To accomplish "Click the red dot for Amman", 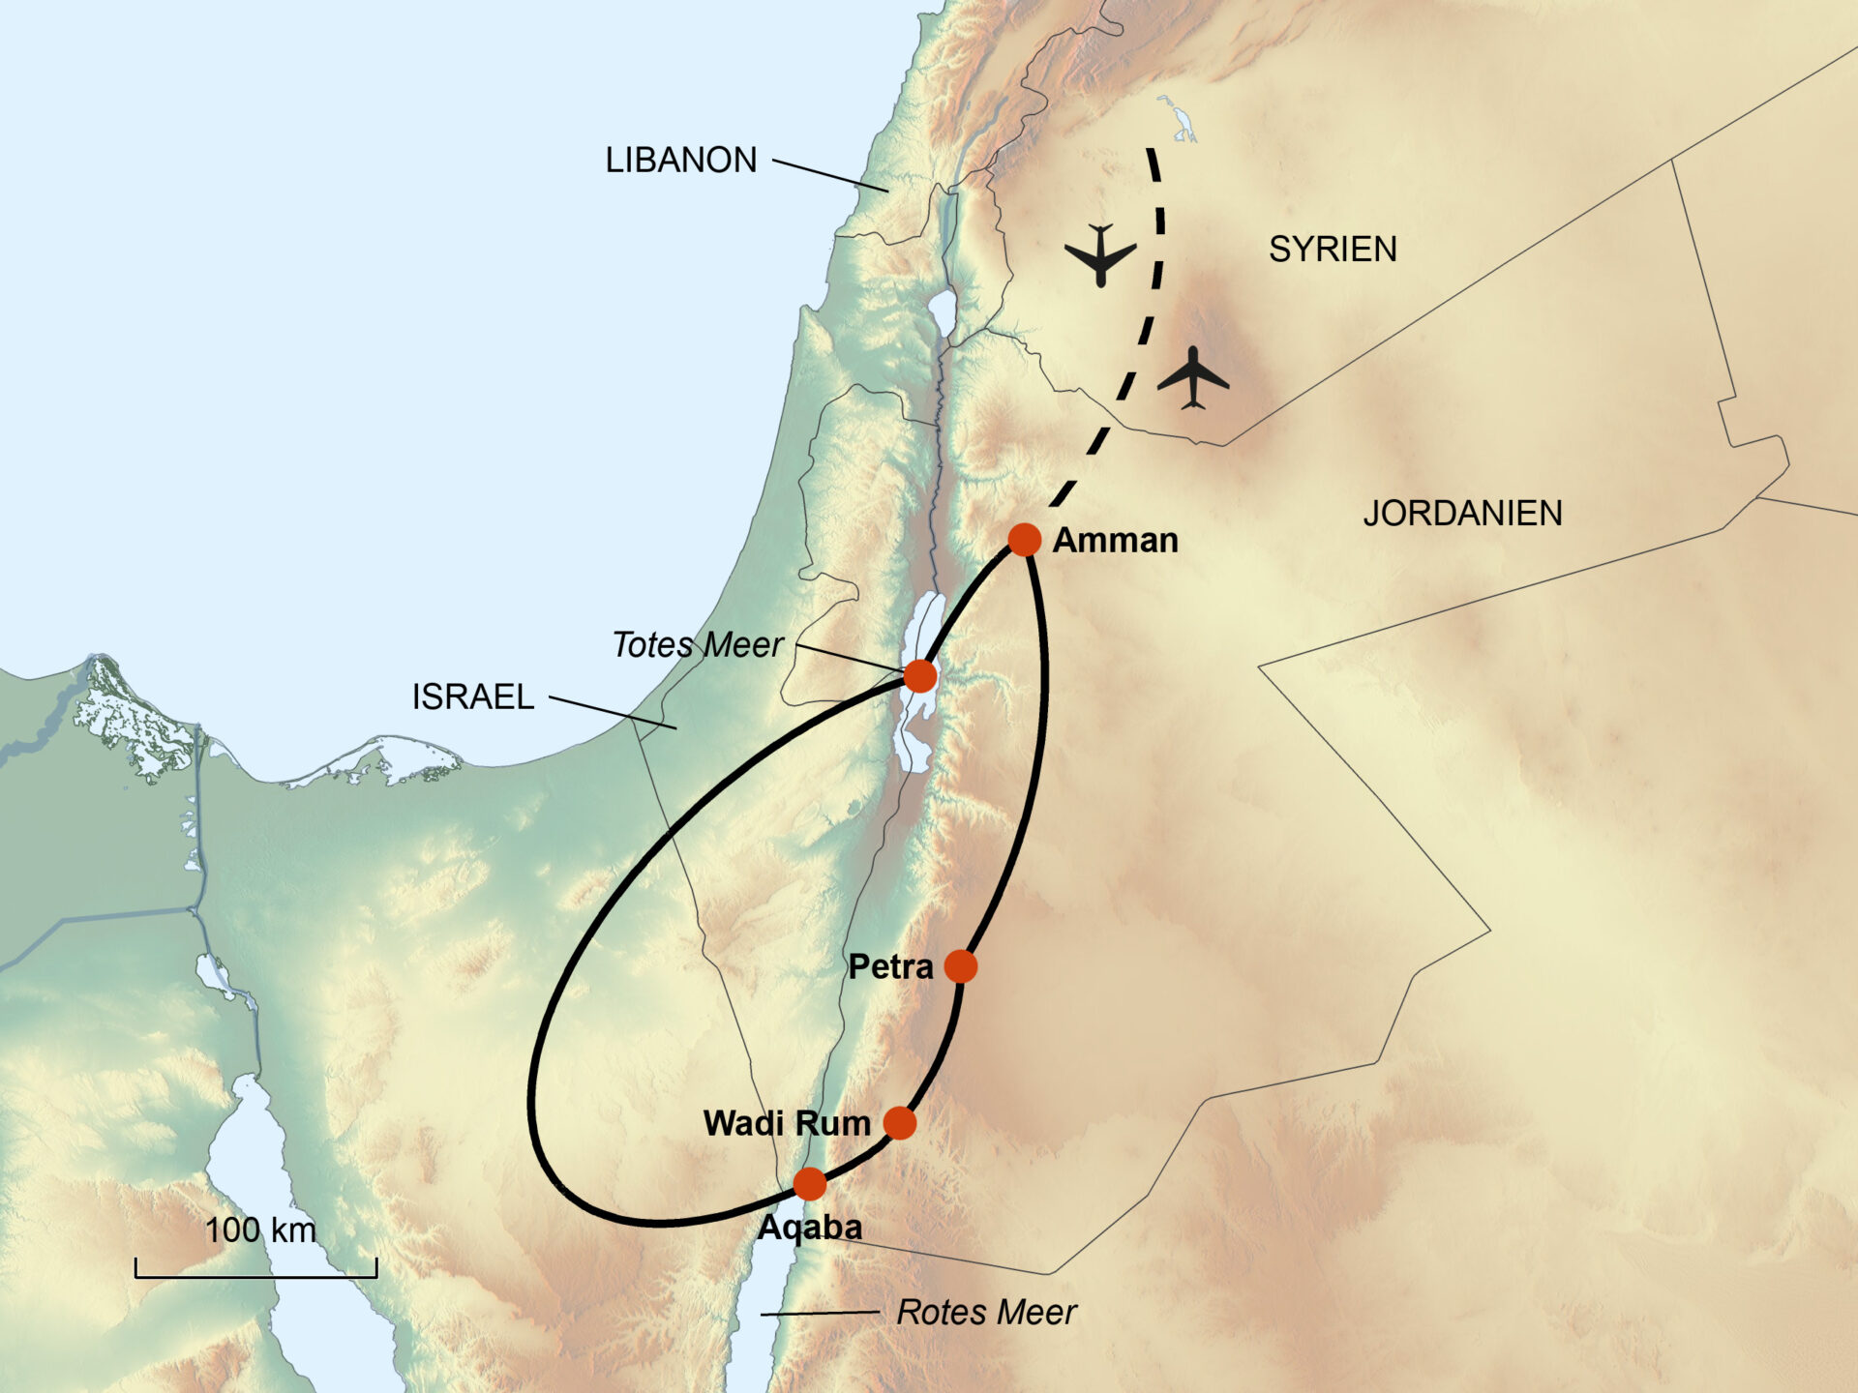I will click(x=1024, y=539).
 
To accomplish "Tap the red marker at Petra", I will click(x=960, y=965).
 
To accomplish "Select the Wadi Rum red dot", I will click(x=899, y=1123).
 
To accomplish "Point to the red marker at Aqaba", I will click(x=810, y=1183).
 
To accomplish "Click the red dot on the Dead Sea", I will click(x=919, y=675).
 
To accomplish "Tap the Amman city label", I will click(x=1115, y=540).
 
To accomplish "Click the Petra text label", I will click(x=890, y=966).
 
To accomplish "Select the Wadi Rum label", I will click(x=787, y=1123).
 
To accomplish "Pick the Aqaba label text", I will click(x=810, y=1227).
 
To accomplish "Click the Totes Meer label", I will click(x=697, y=644).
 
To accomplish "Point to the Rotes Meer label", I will click(x=986, y=1312).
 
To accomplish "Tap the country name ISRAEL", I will click(x=473, y=696).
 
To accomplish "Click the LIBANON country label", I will click(x=681, y=160).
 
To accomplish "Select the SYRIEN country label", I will click(x=1333, y=250).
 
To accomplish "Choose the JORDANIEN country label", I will click(x=1462, y=513).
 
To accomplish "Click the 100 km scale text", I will click(x=260, y=1230).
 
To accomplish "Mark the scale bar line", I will click(x=255, y=1276).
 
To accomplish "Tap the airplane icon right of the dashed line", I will click(x=1193, y=377).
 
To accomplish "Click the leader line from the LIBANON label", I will click(x=829, y=175).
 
